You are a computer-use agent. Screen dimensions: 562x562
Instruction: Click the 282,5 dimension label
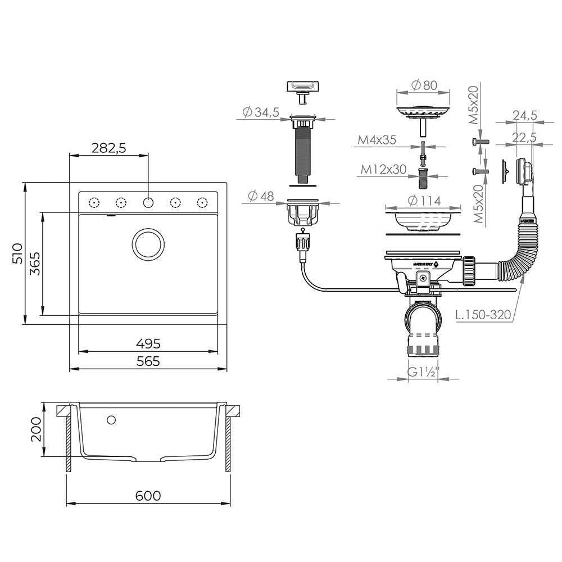pos(109,148)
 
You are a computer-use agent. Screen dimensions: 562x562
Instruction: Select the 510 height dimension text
pos(16,253)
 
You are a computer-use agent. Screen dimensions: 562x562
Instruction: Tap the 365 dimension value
pos(34,263)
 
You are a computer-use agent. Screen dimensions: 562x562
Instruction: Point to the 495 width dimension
pos(148,343)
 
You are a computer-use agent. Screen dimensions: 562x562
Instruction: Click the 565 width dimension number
pos(148,361)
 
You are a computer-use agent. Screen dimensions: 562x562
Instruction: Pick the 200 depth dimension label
pos(35,429)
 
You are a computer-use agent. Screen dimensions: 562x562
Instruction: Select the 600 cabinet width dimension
pos(148,495)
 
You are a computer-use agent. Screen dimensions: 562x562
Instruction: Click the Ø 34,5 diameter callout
pos(261,112)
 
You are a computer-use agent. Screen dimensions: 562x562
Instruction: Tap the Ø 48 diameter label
pos(260,196)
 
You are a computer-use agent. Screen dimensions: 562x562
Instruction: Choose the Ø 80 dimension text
pos(424,85)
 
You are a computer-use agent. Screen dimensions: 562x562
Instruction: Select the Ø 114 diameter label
pos(424,201)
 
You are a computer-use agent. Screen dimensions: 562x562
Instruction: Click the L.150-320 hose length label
pos(483,314)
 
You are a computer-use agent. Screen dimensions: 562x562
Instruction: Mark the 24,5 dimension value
pos(524,115)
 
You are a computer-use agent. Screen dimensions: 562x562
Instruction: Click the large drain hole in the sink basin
pos(148,244)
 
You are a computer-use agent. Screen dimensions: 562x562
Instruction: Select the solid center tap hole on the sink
pos(148,202)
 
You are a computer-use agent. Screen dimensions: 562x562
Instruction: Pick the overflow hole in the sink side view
pos(111,419)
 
